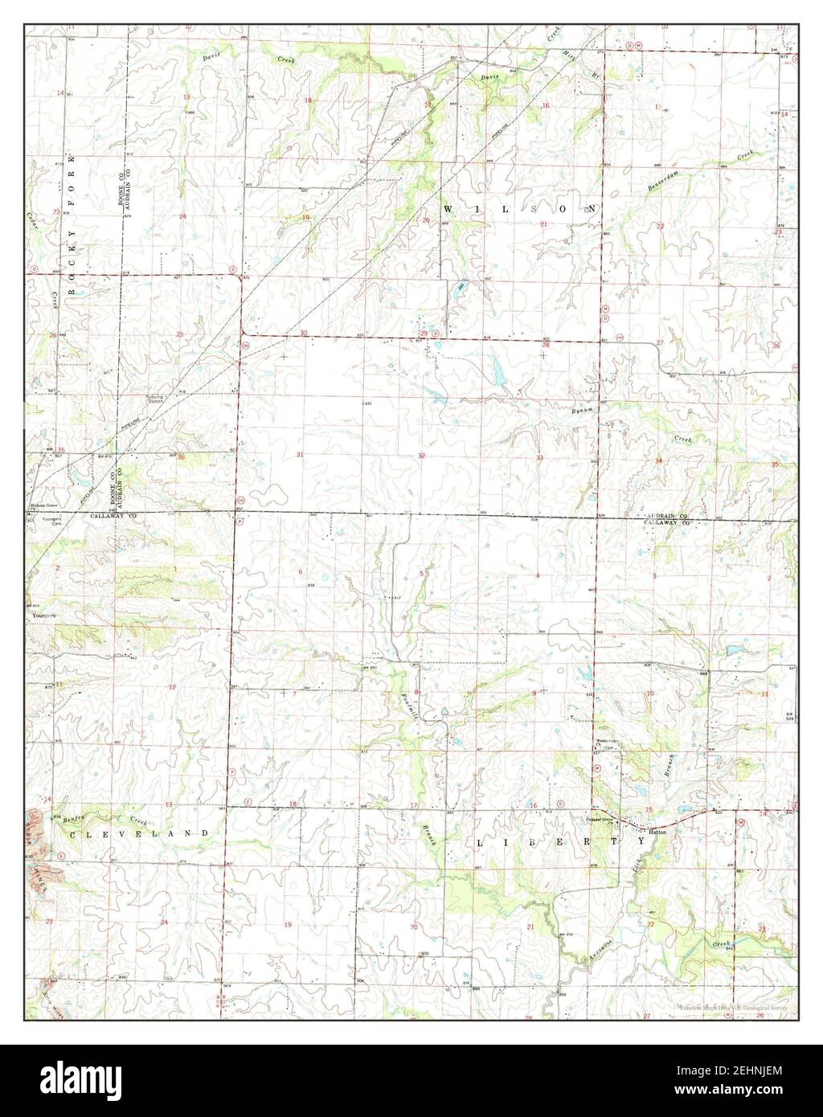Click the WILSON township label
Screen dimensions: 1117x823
coord(521,209)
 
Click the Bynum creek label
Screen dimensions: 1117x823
coord(582,411)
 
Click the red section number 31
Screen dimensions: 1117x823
coord(300,455)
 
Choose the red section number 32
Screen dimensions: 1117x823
coord(421,456)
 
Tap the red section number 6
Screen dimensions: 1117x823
coord(301,572)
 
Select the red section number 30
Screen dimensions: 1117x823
coord(304,333)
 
